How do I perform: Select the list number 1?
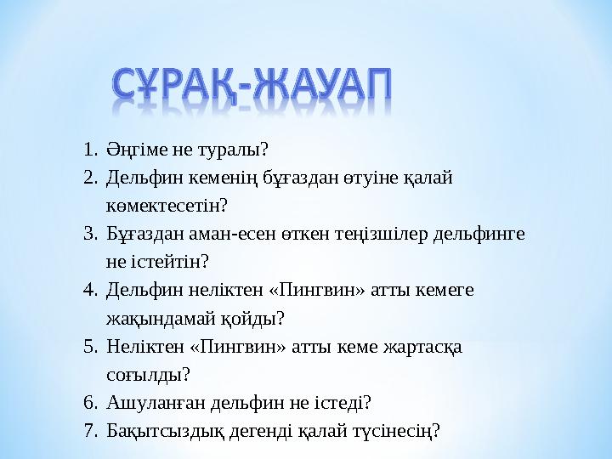click(90, 150)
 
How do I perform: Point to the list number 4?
click(90, 291)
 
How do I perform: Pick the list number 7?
click(90, 431)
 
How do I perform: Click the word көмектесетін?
click(167, 207)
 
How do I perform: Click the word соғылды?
click(148, 375)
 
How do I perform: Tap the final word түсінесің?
click(399, 431)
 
